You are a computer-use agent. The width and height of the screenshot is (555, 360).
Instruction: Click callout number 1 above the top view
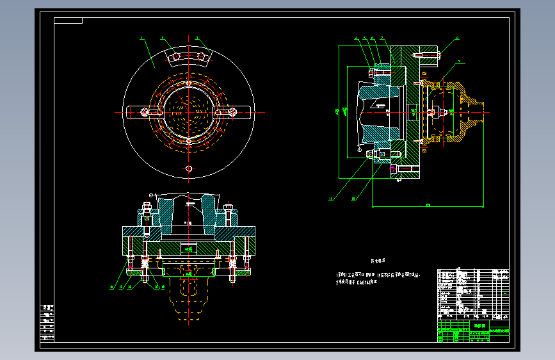tap(141, 38)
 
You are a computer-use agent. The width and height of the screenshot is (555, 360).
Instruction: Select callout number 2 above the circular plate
tap(162, 38)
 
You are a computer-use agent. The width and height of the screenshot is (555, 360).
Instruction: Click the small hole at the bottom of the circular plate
tap(188, 168)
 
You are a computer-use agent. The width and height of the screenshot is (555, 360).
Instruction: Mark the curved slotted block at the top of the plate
tap(189, 57)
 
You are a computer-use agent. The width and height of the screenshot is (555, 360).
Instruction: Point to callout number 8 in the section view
tap(458, 38)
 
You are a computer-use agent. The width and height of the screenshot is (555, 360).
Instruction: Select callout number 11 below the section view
tap(331, 199)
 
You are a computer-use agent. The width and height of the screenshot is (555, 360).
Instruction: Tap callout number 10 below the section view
tap(353, 199)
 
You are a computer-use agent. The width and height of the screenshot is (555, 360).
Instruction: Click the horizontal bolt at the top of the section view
tap(427, 55)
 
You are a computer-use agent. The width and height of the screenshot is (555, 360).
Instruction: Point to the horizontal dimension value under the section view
tap(428, 205)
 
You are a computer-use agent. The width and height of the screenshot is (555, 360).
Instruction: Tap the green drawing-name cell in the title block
tap(479, 325)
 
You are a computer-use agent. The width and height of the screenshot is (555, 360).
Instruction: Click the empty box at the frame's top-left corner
tap(68, 20)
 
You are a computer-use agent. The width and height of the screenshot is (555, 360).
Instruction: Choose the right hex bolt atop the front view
tap(230, 211)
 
